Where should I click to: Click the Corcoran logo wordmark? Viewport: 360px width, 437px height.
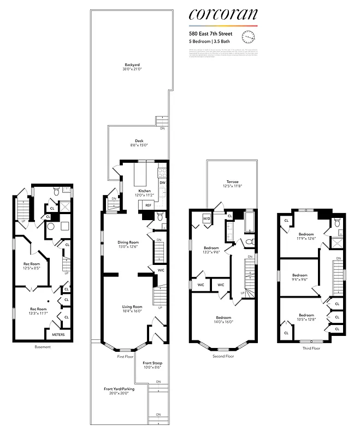pos(223,15)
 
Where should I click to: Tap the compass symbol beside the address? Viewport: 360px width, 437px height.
pos(248,37)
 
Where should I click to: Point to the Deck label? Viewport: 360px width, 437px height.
pos(139,142)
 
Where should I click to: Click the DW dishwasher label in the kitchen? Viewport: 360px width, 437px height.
pos(162,182)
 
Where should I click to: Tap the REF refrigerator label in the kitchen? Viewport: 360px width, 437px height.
pos(148,205)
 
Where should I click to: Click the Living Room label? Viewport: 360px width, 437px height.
pos(132,309)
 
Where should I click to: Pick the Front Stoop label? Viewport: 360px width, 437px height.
pos(152,365)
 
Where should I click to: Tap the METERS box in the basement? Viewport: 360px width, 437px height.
pos(58,334)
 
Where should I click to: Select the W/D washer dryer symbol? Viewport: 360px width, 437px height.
pos(206,220)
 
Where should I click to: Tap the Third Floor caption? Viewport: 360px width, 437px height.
pos(311,347)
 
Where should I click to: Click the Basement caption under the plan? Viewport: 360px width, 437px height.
pos(43,347)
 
